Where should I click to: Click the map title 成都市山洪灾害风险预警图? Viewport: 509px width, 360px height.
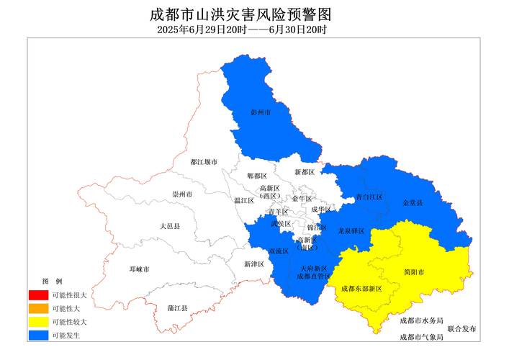tap(241, 14)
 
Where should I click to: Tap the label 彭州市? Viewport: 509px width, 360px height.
tap(261, 113)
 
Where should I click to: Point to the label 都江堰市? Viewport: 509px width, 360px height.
tap(204, 163)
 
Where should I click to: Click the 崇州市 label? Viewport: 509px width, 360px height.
tap(182, 194)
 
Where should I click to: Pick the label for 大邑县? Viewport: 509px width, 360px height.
tap(170, 226)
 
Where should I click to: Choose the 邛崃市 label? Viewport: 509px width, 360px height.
tap(140, 269)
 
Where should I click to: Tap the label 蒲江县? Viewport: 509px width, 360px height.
tap(177, 308)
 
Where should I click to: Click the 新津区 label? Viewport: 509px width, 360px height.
tap(254, 264)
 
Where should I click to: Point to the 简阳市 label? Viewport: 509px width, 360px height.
tap(415, 272)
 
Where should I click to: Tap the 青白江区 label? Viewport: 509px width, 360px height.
tap(369, 197)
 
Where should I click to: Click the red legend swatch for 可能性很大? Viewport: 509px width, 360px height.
tap(38, 295)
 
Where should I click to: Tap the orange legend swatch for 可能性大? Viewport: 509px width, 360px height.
tap(38, 308)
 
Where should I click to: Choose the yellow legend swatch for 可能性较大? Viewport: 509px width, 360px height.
tap(38, 322)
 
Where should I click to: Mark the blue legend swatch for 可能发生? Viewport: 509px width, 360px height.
tap(38, 335)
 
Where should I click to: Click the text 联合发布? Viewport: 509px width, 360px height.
tap(461, 328)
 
